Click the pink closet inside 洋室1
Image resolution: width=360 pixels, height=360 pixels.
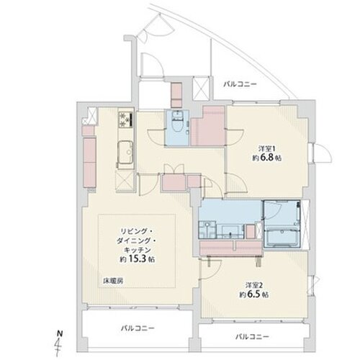[x=213, y=124]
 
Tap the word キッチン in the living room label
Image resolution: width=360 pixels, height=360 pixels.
[x=136, y=249]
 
